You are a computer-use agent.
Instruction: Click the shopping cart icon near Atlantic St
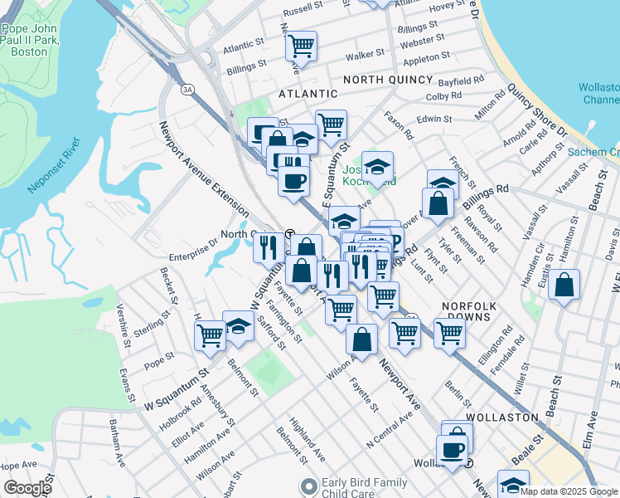tap(302, 45)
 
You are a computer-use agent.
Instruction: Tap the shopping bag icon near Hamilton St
tap(564, 286)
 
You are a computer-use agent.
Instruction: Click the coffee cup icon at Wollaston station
tap(452, 451)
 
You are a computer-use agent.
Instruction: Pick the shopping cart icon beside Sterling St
tap(211, 335)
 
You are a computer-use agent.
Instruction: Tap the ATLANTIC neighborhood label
tap(308, 95)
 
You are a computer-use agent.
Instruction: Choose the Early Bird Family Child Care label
tap(366, 488)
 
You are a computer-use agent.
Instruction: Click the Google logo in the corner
tap(27, 488)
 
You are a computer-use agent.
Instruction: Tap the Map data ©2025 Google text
tap(569, 491)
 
